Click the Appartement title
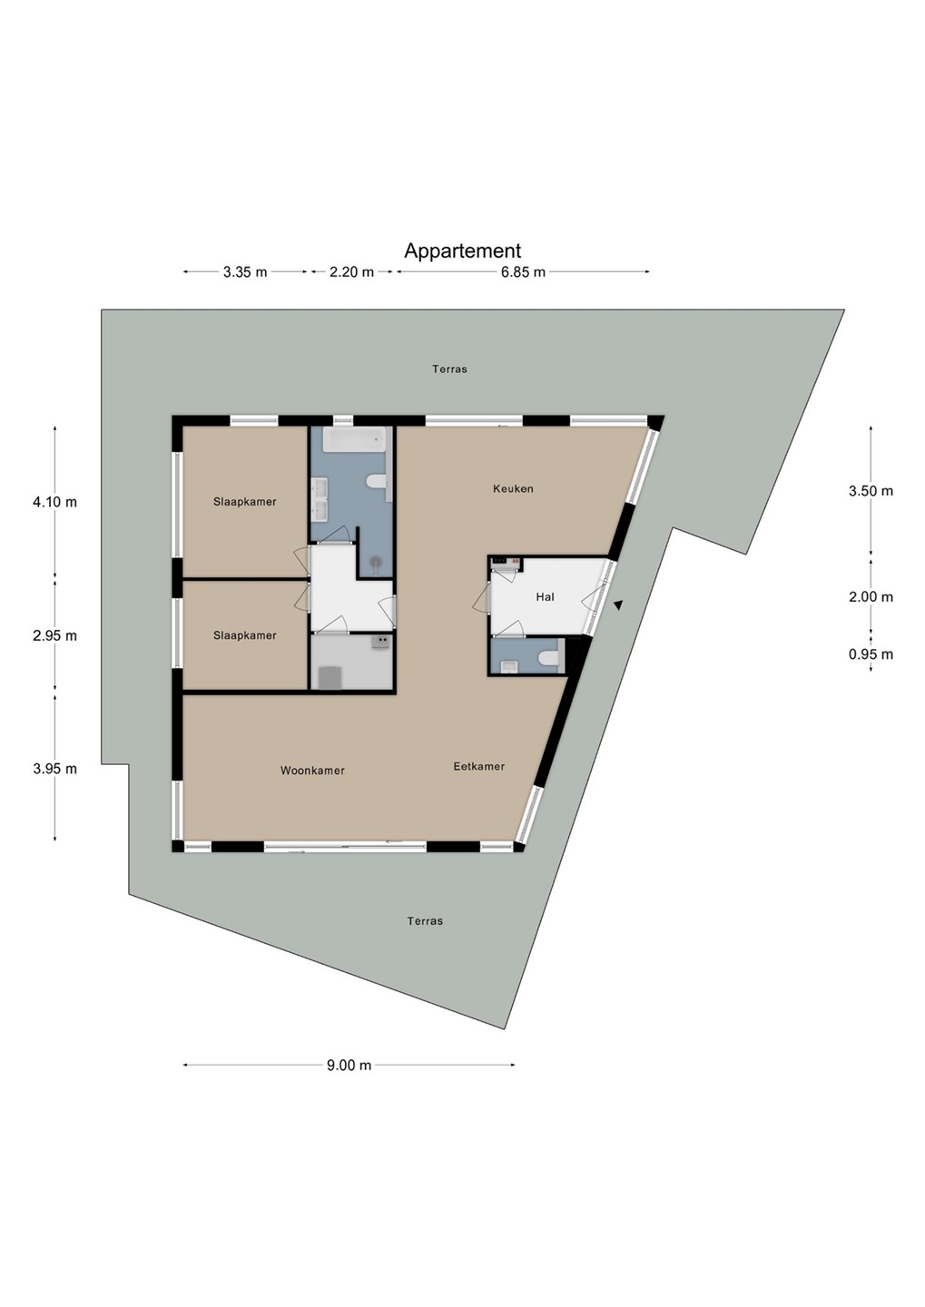(x=462, y=251)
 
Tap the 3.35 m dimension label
(x=245, y=272)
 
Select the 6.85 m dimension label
(x=524, y=272)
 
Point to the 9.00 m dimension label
(x=349, y=1065)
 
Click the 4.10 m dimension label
(x=54, y=502)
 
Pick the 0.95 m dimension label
(x=871, y=654)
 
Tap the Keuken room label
(x=513, y=489)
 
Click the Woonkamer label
(x=312, y=771)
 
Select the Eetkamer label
(x=479, y=767)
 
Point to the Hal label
(x=545, y=597)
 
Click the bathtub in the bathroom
(x=354, y=438)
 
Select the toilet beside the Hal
(x=548, y=659)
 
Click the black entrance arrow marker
(x=618, y=605)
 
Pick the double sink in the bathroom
(x=319, y=499)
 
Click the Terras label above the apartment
(x=449, y=369)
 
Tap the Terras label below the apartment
(x=425, y=920)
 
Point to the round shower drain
(x=376, y=562)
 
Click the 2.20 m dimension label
(x=352, y=272)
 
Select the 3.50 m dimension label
(x=871, y=491)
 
